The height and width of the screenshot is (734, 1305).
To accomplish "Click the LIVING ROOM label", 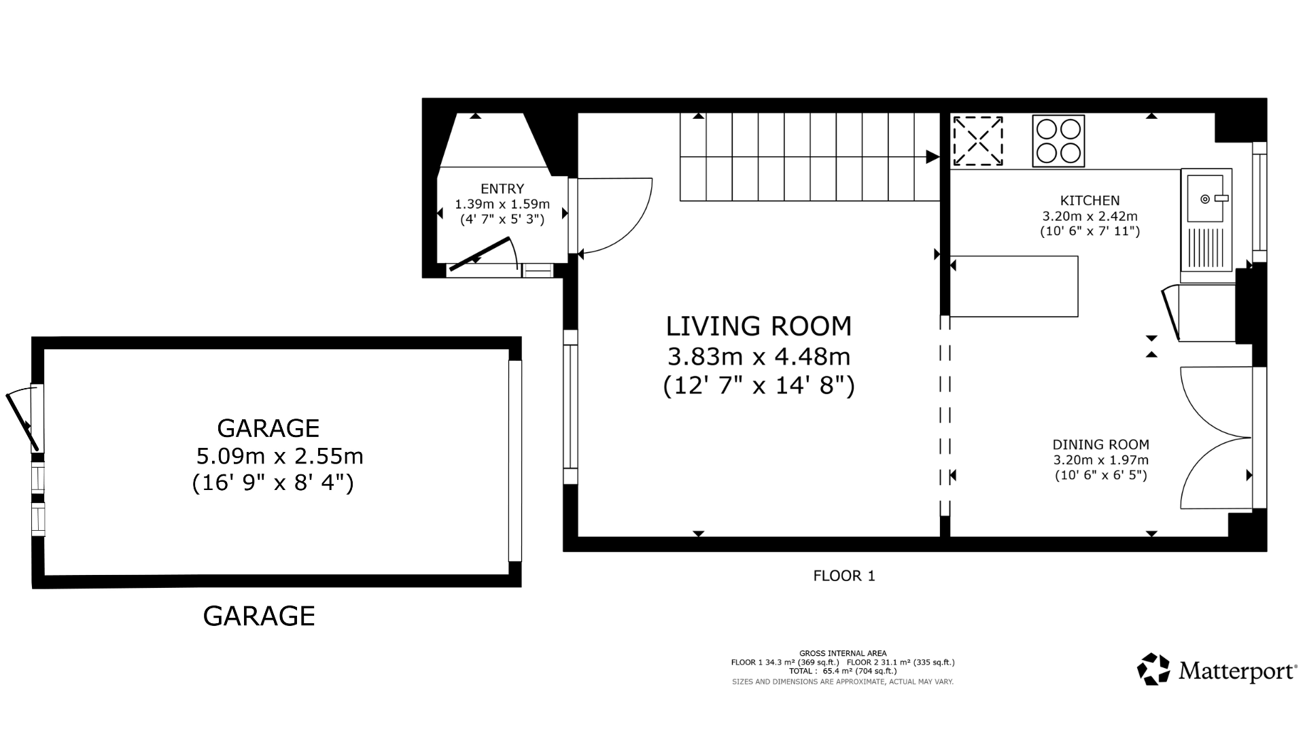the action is (759, 326).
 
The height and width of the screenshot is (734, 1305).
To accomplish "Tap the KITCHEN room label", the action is (1090, 200).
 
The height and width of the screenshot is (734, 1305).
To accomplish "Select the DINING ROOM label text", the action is (1101, 444).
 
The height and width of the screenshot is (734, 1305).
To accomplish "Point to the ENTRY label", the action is (502, 189).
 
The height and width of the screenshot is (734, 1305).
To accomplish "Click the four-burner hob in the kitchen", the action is (1058, 141).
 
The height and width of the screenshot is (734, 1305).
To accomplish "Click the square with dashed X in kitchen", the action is (978, 141).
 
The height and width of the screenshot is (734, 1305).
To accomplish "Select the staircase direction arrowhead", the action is (933, 157).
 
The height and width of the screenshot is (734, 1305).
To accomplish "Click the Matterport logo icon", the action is (1153, 669).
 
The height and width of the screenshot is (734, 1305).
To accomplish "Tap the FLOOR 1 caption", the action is (844, 576).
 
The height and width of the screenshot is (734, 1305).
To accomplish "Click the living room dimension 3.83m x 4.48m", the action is (759, 356).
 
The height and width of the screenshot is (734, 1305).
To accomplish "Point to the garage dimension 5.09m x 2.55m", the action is (279, 455).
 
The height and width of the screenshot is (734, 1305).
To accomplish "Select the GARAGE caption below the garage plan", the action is (259, 616).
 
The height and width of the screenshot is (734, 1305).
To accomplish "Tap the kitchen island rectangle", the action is (1014, 286).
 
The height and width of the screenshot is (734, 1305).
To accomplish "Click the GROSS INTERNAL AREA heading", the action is (843, 654).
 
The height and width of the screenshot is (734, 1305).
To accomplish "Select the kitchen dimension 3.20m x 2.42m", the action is (1090, 216).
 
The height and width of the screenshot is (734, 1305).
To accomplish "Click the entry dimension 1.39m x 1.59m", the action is (502, 204).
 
